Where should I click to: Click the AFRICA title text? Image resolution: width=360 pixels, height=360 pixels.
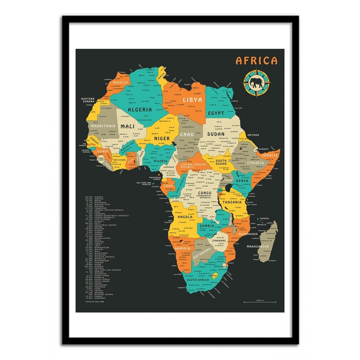(x=256, y=61)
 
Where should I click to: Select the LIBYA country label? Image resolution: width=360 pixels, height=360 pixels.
(x=193, y=100)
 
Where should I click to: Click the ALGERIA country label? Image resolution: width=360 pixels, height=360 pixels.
(x=140, y=110)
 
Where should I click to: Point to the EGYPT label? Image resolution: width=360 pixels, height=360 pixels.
(x=216, y=113)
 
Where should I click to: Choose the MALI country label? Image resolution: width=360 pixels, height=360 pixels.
(x=128, y=126)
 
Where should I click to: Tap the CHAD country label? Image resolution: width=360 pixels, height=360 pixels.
(x=187, y=134)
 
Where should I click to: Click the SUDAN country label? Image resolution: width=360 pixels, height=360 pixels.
(x=216, y=134)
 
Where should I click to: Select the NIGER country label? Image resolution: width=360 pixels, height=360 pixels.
(x=162, y=139)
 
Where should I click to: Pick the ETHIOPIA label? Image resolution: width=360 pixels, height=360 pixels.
(x=255, y=163)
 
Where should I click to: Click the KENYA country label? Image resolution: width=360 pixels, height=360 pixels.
(x=242, y=181)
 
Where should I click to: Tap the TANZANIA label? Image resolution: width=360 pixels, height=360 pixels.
(x=232, y=202)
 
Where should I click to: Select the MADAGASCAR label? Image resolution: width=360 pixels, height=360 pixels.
(x=258, y=247)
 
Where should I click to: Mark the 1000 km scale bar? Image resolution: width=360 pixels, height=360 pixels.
(x=260, y=302)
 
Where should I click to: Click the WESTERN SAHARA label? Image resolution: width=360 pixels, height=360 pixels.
(x=88, y=100)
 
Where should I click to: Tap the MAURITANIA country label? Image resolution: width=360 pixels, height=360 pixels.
(x=103, y=126)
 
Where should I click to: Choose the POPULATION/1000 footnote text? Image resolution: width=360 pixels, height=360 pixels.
(x=95, y=302)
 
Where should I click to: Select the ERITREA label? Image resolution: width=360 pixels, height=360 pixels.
(x=253, y=135)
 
